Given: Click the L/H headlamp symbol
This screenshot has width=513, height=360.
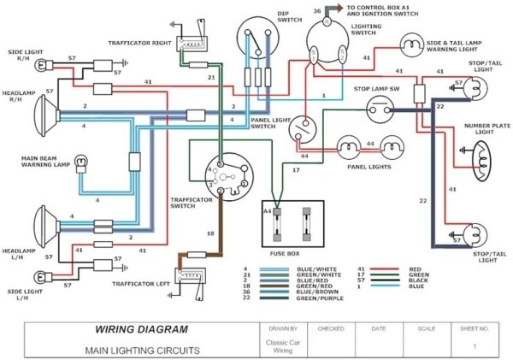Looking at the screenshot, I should point(44,224).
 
